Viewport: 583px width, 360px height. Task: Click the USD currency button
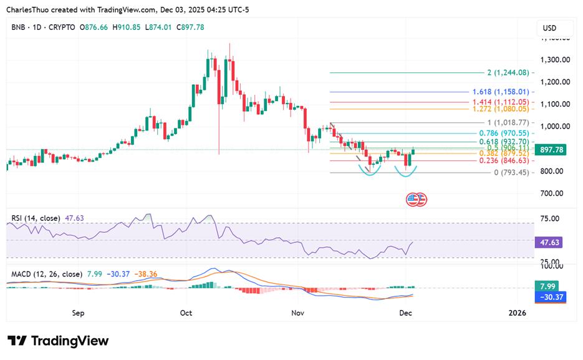(549, 28)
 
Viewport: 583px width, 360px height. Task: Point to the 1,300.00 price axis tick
(555, 60)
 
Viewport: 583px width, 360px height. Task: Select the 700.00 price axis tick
(555, 193)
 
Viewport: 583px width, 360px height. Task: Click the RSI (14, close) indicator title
(36, 218)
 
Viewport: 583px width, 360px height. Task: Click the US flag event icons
(417, 200)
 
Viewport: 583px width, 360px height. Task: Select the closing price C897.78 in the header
(191, 27)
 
